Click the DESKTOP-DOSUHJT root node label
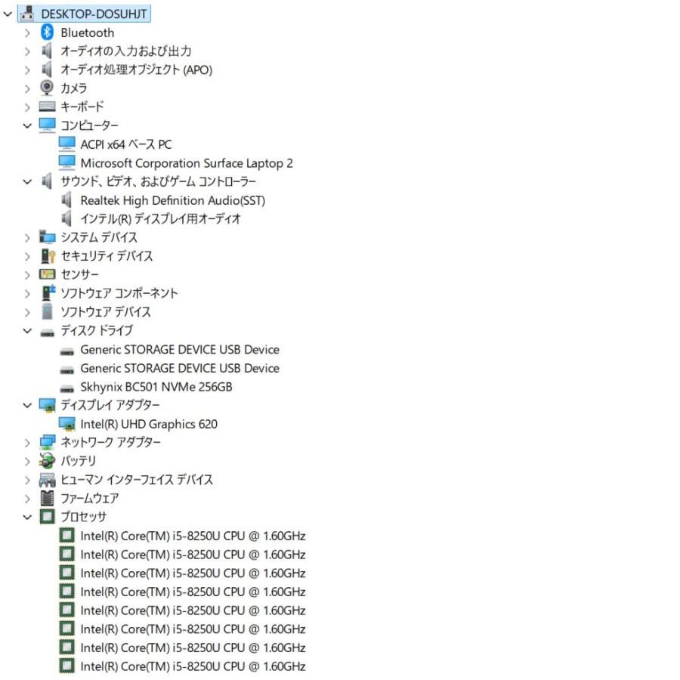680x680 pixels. [x=94, y=14]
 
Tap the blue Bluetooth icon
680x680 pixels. [x=47, y=32]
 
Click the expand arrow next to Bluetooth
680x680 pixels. [x=27, y=33]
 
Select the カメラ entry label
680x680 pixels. [x=74, y=88]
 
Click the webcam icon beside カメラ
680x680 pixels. [x=47, y=88]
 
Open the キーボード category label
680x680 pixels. [x=82, y=107]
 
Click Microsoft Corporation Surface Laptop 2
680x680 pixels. [x=187, y=163]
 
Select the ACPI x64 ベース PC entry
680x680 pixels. [x=125, y=144]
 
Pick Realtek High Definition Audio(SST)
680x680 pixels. [x=172, y=200]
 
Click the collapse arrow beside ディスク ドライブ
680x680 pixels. [x=27, y=332]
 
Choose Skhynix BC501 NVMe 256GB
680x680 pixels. [x=156, y=387]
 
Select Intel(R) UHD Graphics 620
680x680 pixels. [x=149, y=424]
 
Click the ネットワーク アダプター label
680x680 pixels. [x=110, y=442]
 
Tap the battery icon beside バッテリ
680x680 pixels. [x=47, y=461]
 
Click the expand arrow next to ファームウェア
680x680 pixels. [x=27, y=499]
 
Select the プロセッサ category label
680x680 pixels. [x=83, y=517]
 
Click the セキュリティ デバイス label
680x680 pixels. [x=107, y=256]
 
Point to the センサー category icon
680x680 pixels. [x=47, y=274]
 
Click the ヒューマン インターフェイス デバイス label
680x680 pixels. [x=137, y=480]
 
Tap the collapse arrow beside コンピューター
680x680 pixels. [x=27, y=125]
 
